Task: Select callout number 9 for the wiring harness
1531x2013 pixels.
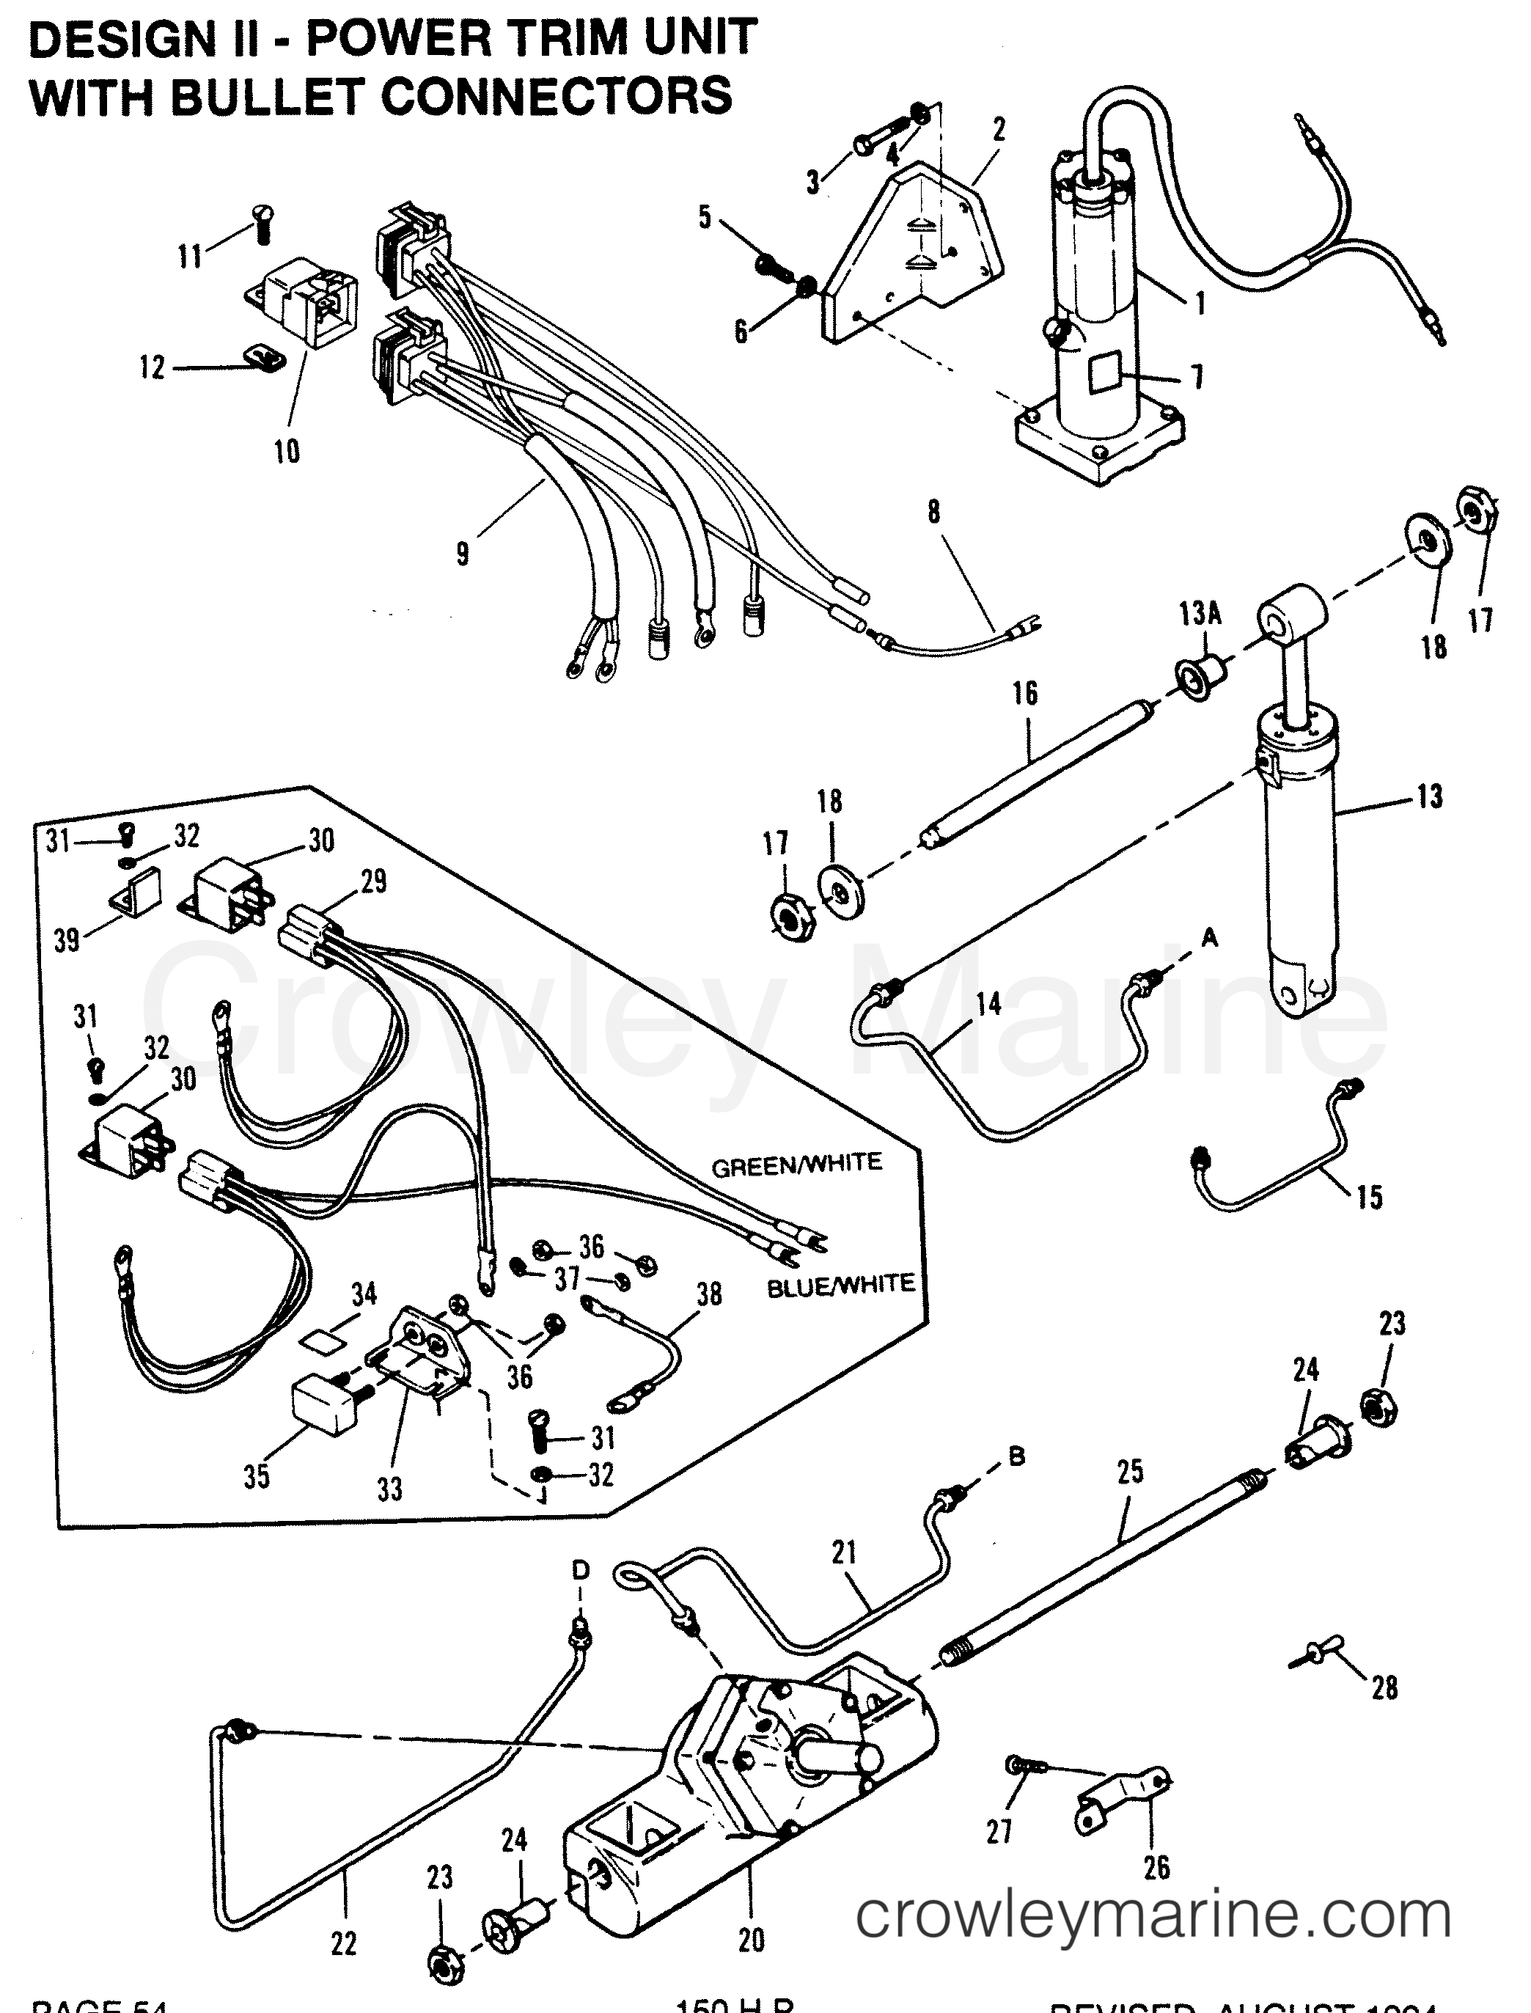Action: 463,552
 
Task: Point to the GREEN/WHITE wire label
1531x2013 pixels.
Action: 796,1164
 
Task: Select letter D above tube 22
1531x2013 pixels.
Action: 581,1569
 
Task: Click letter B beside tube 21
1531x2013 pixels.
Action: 1017,1456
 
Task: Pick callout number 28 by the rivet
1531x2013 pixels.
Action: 1384,1687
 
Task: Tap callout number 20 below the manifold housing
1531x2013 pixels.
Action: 751,1940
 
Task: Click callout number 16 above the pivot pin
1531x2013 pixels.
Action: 1025,694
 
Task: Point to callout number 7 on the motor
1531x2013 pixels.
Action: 1197,376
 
